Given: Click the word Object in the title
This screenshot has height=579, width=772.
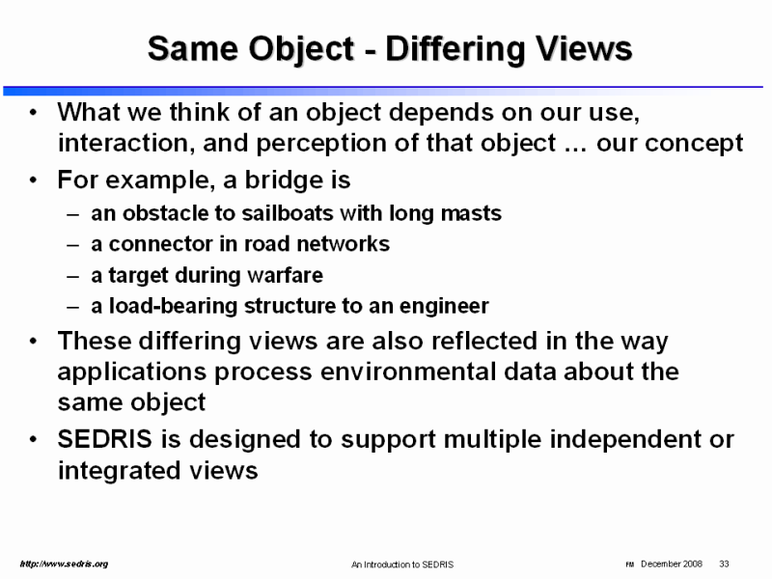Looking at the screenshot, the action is [301, 50].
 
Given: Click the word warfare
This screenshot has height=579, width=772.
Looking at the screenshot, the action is [285, 275].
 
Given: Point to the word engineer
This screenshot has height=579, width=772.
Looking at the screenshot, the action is [444, 306].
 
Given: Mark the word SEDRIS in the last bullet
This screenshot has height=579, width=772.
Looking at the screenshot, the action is [105, 439].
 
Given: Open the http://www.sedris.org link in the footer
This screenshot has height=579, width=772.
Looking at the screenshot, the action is [64, 564].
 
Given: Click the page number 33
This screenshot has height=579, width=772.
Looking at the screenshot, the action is [724, 564].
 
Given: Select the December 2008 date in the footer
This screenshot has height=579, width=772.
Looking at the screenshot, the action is [672, 564].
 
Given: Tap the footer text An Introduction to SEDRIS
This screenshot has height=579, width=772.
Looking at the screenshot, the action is [402, 565].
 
